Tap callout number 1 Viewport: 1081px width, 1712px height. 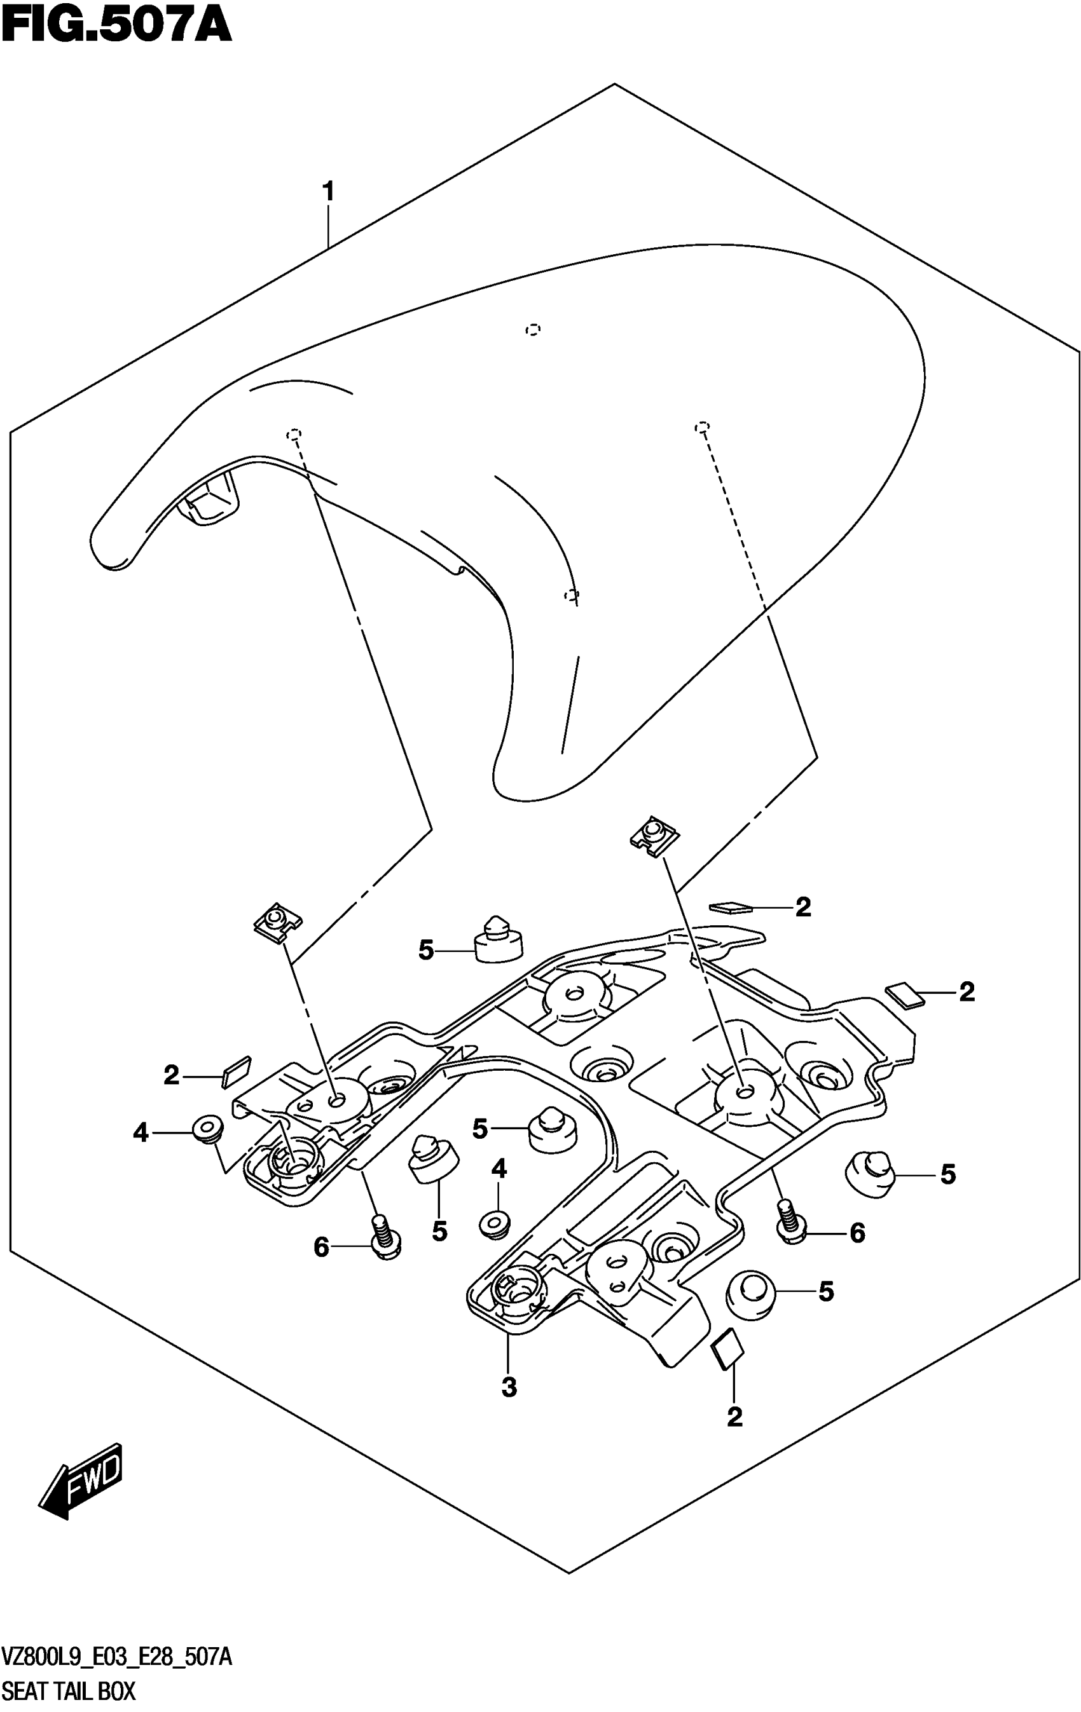328,192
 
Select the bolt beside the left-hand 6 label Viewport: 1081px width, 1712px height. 384,1237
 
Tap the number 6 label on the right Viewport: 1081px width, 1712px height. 858,1233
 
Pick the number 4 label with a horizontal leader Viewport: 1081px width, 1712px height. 141,1132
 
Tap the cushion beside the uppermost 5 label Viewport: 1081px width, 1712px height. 498,941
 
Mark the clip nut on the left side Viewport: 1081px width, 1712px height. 277,923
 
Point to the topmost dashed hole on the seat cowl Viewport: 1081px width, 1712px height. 533,329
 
